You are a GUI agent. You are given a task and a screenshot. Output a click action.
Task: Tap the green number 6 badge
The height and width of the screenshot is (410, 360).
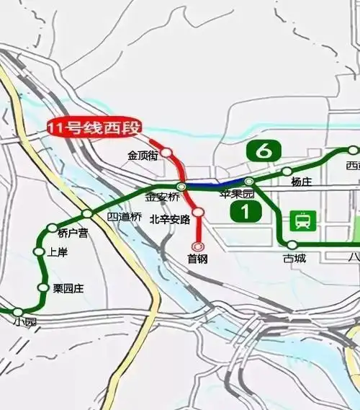pos(263,151)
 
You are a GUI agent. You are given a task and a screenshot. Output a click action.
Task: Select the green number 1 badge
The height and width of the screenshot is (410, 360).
pos(246,212)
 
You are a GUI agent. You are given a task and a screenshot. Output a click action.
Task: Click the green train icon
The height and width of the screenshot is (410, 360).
pos(304,220)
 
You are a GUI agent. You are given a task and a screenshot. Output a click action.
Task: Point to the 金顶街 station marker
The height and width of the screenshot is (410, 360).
pos(166,153)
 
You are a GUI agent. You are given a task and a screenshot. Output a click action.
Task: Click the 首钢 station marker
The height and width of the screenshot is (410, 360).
pos(198,246)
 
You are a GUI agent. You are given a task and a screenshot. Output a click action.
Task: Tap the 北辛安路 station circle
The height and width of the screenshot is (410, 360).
pos(199,212)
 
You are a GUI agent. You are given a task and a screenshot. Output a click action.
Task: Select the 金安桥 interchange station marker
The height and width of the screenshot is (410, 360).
pos(182,187)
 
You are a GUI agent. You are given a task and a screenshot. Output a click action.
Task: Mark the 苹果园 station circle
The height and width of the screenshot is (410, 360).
pos(249,182)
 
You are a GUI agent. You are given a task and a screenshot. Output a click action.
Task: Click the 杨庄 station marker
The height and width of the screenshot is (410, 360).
pos(287,171)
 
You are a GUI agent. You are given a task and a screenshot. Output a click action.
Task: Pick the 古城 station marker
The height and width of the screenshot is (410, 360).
pos(292,245)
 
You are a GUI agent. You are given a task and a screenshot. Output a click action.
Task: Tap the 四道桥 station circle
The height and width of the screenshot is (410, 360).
pos(87,213)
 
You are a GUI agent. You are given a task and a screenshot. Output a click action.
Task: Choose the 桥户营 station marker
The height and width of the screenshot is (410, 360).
pos(52,228)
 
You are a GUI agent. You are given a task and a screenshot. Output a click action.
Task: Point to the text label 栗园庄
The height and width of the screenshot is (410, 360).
pos(68,288)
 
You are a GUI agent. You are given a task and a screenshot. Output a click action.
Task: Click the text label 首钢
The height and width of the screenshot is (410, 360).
pos(197,259)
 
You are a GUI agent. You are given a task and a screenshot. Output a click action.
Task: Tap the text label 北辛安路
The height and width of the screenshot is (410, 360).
pos(170,219)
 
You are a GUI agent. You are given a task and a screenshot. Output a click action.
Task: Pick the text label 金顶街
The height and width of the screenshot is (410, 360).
pos(142,155)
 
